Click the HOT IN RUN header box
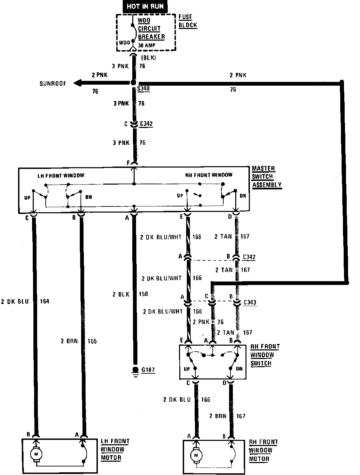pyautogui.click(x=145, y=6)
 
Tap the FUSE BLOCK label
pyautogui.click(x=187, y=21)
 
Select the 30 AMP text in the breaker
pyautogui.click(x=147, y=45)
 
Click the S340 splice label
pyautogui.click(x=144, y=89)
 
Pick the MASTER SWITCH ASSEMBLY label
pyautogui.click(x=267, y=177)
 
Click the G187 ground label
pyautogui.click(x=148, y=370)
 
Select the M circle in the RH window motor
pyautogui.click(x=196, y=455)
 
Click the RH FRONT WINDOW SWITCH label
pyautogui.click(x=265, y=355)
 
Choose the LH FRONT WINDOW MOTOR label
pyautogui.click(x=115, y=449)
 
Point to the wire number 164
pyautogui.click(x=45, y=301)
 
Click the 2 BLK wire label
pyautogui.click(x=121, y=294)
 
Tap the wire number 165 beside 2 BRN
pyautogui.click(x=91, y=341)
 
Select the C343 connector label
pyautogui.click(x=250, y=302)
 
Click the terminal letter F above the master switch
pyautogui.click(x=129, y=163)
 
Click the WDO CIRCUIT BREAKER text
pyautogui.click(x=151, y=28)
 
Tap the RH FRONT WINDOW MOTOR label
pyautogui.click(x=263, y=450)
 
